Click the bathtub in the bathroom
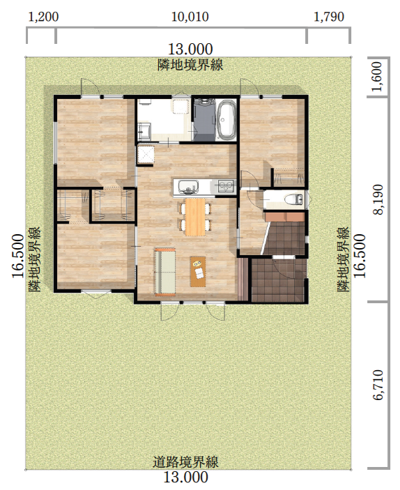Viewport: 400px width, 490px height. [226, 119]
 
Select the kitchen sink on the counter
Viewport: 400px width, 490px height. [188, 187]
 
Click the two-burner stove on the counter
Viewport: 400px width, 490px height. [226, 187]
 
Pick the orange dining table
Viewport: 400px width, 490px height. [195, 217]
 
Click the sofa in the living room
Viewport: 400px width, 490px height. [164, 272]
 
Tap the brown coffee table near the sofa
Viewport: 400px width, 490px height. [198, 271]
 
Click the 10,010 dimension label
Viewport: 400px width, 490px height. [190, 17]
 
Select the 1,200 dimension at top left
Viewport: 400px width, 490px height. [43, 17]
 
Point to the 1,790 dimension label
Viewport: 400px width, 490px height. [329, 17]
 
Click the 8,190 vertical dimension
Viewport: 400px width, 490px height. [378, 199]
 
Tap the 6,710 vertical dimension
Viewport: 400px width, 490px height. [378, 385]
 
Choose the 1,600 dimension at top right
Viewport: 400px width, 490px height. [378, 76]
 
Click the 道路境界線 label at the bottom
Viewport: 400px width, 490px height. [185, 462]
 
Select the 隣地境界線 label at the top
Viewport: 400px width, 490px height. [190, 65]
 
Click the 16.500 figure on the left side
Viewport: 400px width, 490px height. [18, 256]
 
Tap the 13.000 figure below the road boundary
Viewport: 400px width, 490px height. [185, 477]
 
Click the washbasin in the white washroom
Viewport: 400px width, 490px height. [144, 131]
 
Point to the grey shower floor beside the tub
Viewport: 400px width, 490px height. [205, 120]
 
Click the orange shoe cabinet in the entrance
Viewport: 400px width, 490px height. [285, 217]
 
